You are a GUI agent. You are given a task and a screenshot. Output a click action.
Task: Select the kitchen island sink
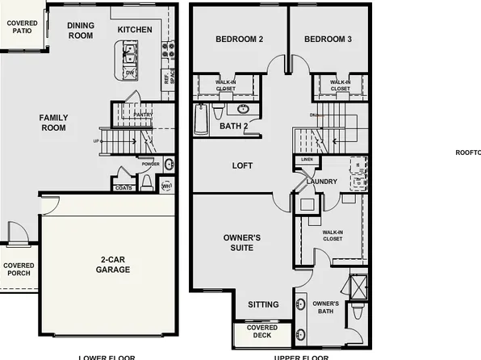click(x=128, y=54)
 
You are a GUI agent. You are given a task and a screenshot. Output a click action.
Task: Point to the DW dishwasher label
click(x=129, y=72)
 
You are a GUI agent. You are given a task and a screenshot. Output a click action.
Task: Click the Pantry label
click(x=143, y=115)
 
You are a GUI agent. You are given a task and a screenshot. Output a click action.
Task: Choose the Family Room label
click(x=54, y=123)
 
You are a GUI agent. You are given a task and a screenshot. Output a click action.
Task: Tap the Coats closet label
click(x=123, y=187)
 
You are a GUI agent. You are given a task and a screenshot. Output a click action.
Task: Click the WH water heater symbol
click(x=167, y=186)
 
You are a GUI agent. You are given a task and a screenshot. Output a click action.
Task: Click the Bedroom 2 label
click(x=240, y=40)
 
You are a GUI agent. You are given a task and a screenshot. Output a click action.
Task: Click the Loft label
click(x=242, y=165)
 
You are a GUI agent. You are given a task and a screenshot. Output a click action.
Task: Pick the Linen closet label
click(x=306, y=159)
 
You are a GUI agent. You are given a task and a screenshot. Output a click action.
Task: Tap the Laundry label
click(x=322, y=182)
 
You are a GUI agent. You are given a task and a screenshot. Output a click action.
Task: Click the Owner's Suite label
click(x=242, y=242)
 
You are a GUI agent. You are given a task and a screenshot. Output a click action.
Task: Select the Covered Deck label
click(x=261, y=332)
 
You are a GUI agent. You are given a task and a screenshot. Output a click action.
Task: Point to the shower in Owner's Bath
click(x=357, y=287)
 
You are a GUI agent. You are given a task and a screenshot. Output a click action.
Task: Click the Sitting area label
click(x=263, y=304)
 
